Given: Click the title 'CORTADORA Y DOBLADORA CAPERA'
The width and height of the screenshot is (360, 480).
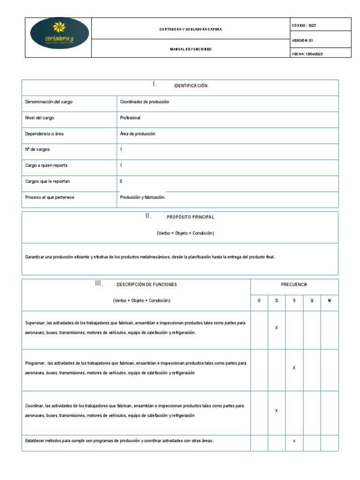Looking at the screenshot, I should coord(191,29).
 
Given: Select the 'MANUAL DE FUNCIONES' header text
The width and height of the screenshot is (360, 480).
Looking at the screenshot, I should coord(191,49).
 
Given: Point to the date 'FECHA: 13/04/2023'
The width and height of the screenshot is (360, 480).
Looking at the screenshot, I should coord(307,54).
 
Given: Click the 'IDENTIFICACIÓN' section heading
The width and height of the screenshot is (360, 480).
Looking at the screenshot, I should coord(190,86).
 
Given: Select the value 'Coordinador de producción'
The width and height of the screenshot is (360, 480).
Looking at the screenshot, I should coord(144,102).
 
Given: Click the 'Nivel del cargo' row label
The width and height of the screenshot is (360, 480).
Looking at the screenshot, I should coord(39,118).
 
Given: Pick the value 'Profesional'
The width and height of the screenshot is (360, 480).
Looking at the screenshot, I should coord(130,118).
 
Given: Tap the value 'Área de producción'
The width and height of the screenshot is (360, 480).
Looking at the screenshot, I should coord(138,134).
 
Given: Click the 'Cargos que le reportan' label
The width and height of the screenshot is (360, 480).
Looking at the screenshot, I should coord(47,181).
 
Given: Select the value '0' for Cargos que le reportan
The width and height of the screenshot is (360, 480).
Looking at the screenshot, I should coord(121,181).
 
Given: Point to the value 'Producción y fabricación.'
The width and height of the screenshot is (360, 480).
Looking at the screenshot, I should coord(143,197).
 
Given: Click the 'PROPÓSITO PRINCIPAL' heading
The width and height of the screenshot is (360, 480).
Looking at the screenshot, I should coord(190,217).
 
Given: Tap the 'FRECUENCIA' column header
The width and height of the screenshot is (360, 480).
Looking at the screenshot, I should coord(294,285).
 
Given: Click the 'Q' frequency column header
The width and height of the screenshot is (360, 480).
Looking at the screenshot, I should coord(312,300).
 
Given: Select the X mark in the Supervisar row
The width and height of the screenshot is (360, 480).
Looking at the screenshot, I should coord(277,328).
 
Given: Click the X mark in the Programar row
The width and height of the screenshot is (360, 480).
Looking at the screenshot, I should coord(294,368).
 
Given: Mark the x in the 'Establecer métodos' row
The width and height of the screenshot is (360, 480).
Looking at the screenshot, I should coord(294,441).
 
